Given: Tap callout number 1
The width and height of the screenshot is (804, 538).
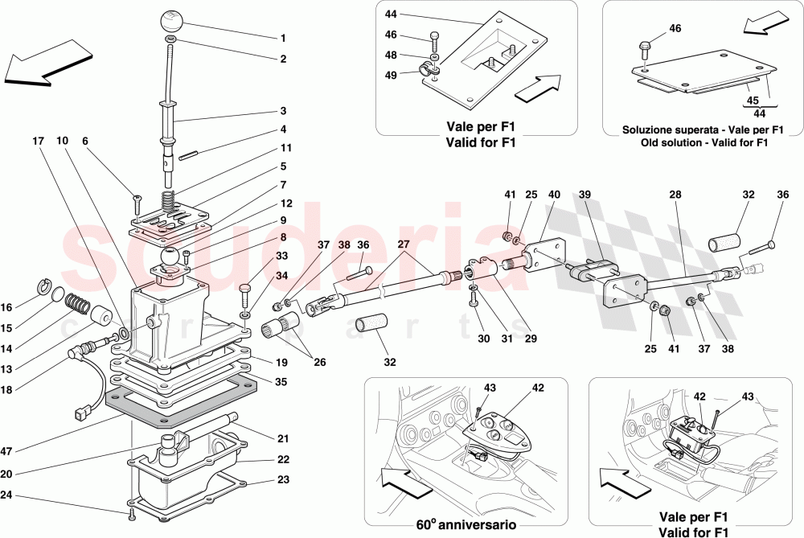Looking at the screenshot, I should point(283,38).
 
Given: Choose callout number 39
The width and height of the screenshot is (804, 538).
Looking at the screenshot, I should point(585,195).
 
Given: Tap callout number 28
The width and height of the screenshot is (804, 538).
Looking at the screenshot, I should point(675,195).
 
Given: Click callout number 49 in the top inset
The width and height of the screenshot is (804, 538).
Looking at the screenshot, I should point(392,75).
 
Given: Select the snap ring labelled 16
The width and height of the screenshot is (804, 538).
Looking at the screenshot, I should point(46,286).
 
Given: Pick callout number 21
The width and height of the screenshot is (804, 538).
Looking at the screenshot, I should point(283,438).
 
